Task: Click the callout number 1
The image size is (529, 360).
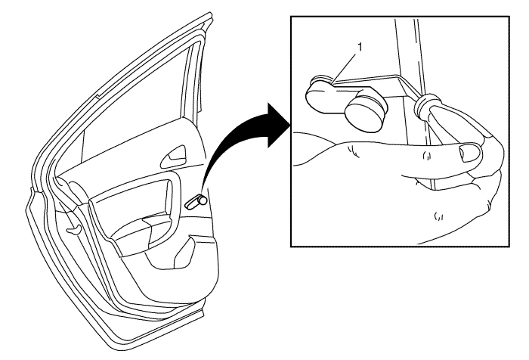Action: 360,48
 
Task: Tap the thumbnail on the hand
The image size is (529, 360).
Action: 470,153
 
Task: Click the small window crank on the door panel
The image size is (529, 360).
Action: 196,202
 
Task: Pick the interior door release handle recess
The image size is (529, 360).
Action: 173,157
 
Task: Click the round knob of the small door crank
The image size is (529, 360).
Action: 203,200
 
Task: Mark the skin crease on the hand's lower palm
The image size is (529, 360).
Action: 438,216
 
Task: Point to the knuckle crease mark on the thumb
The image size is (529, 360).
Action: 427,156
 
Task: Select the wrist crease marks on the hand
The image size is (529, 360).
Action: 353,151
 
